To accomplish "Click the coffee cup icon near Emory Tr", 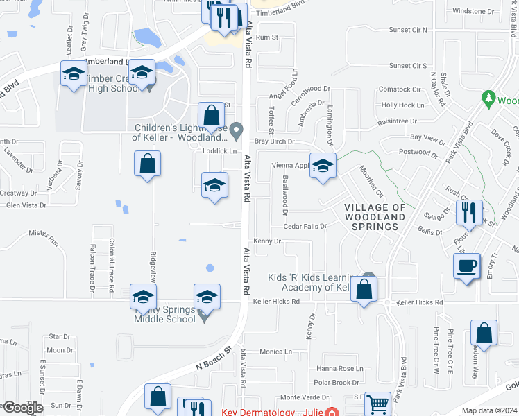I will pyautogui.click(x=466, y=265).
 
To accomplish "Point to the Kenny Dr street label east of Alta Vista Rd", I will pyautogui.click(x=266, y=241).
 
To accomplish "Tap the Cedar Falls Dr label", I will pyautogui.click(x=305, y=226).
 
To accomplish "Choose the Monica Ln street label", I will pyautogui.click(x=275, y=352).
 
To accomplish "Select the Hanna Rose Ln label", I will pyautogui.click(x=339, y=368).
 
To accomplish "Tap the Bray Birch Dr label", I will pyautogui.click(x=275, y=141).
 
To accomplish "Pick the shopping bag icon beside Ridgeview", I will pyautogui.click(x=147, y=164).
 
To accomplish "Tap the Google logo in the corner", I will pyautogui.click(x=22, y=408).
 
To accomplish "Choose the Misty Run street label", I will pyautogui.click(x=44, y=238).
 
